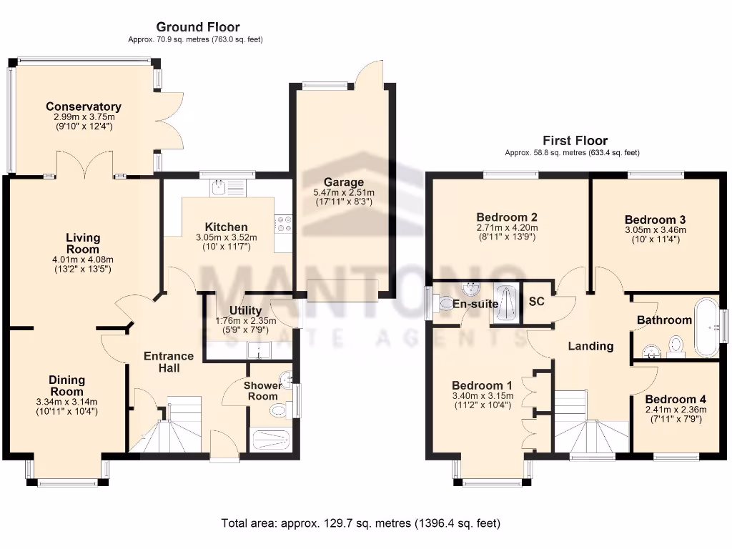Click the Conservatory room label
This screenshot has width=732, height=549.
click(x=83, y=107)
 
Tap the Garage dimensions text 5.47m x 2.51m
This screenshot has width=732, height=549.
click(x=344, y=192)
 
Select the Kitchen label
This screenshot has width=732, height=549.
click(x=227, y=227)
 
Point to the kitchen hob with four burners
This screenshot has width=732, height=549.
click(x=284, y=224)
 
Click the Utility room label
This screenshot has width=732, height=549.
click(x=245, y=310)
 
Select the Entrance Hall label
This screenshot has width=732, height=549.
click(x=169, y=362)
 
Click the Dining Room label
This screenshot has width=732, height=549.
click(x=67, y=385)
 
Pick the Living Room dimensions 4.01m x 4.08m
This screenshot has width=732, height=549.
click(x=84, y=259)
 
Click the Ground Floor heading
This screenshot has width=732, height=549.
click(x=198, y=27)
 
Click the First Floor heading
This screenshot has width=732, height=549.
click(x=575, y=141)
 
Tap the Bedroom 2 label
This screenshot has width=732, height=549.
click(x=507, y=217)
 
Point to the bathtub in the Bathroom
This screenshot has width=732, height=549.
click(x=708, y=327)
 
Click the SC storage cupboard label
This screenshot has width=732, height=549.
click(x=536, y=302)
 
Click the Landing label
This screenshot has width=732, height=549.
click(x=590, y=346)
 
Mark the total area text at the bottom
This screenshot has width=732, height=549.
click(x=361, y=523)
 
